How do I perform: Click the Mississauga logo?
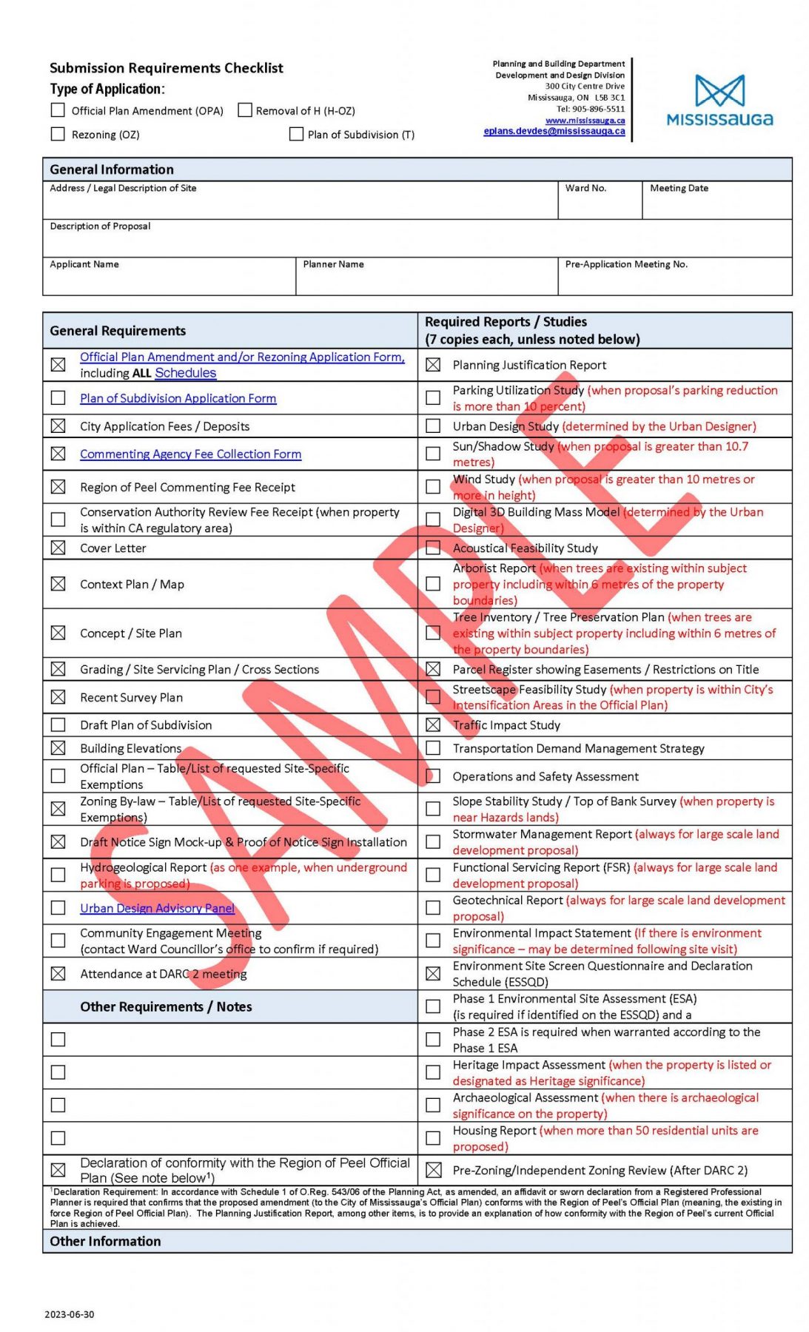(x=719, y=101)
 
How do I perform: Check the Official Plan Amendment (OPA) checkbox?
(x=58, y=110)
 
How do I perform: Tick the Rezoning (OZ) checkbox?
(x=58, y=134)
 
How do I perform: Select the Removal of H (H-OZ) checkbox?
(x=245, y=110)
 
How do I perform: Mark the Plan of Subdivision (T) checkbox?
(x=296, y=134)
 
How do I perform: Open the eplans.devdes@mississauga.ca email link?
(x=554, y=131)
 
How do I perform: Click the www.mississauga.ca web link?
(x=585, y=120)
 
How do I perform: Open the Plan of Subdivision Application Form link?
(x=178, y=398)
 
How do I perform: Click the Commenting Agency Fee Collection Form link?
(x=190, y=454)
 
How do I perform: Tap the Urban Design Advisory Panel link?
(x=157, y=908)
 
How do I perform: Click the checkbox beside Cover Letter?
(x=58, y=548)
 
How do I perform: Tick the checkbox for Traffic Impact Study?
(x=433, y=725)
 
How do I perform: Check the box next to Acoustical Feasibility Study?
(x=433, y=548)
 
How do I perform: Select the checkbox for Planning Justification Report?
(x=433, y=365)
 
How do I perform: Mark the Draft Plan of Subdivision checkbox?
(x=58, y=725)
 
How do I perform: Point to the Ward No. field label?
(x=585, y=188)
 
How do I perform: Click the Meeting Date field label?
(x=679, y=188)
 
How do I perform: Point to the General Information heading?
(x=112, y=169)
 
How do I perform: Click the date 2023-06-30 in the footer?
(x=70, y=1314)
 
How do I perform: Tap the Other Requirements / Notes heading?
(x=166, y=1006)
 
